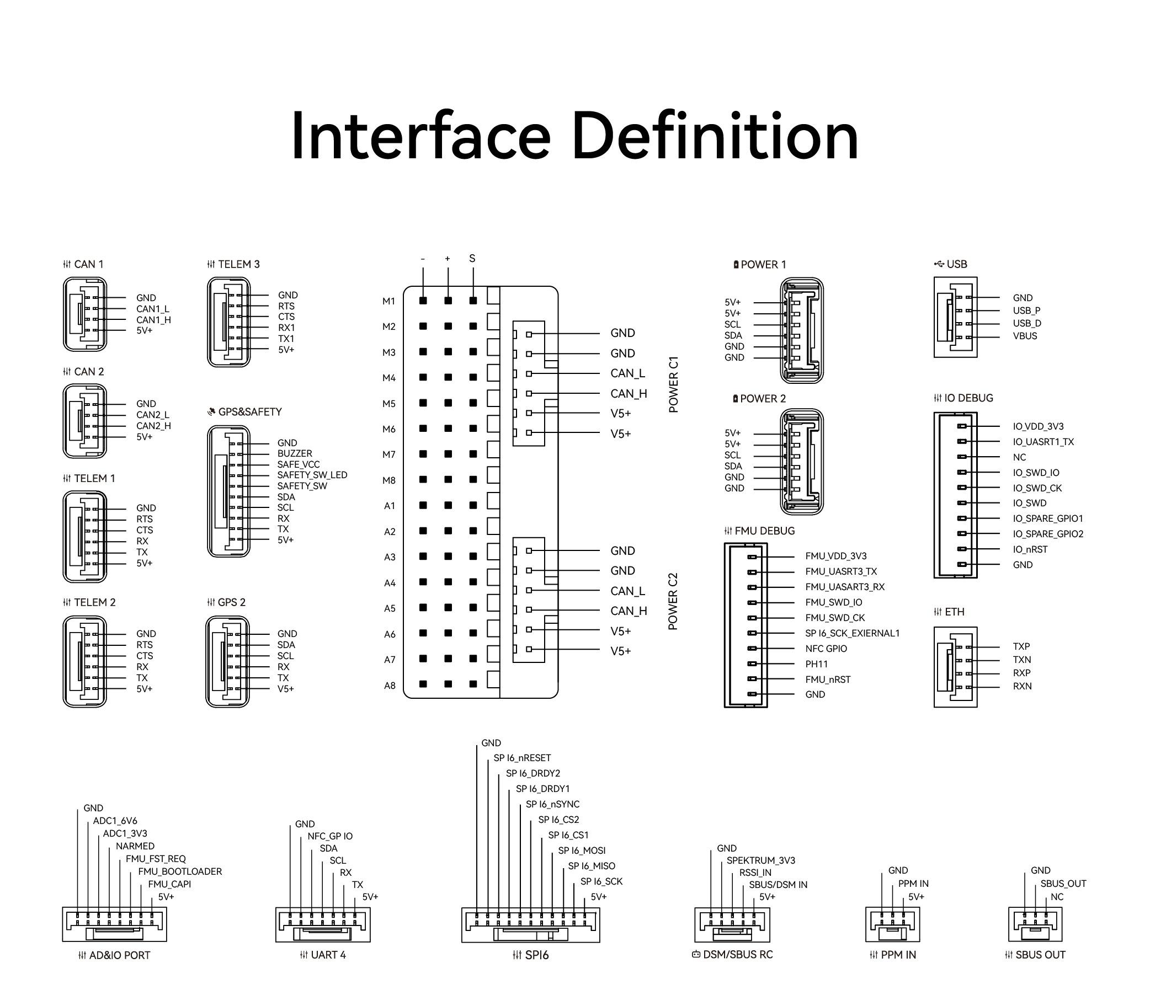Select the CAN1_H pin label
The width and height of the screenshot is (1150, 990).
pos(153,320)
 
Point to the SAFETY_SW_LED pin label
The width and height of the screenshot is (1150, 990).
pos(312,475)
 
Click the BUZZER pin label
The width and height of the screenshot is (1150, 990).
pos(295,454)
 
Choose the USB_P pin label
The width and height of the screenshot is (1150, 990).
pos(1026,311)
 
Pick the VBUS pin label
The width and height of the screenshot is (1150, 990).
pos(1025,336)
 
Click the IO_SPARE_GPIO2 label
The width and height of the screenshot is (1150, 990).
pos(1048,534)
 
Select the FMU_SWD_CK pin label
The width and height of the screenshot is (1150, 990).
pos(835,618)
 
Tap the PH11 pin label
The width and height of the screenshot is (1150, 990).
pos(817,665)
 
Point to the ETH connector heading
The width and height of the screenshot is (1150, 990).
pos(954,612)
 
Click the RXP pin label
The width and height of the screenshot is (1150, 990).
pos(1021,673)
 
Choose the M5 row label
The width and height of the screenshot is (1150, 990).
pos(388,404)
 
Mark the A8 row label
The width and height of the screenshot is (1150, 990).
pos(390,686)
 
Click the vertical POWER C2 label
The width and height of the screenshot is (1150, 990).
pos(673,601)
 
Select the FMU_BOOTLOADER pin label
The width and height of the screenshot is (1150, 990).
pos(180,872)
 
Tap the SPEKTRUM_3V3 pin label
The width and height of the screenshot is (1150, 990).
pos(760,861)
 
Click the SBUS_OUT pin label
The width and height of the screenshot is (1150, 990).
pos(1063,884)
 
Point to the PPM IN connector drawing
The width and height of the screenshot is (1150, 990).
pos(892,924)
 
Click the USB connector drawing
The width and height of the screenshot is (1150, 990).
pos(955,317)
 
